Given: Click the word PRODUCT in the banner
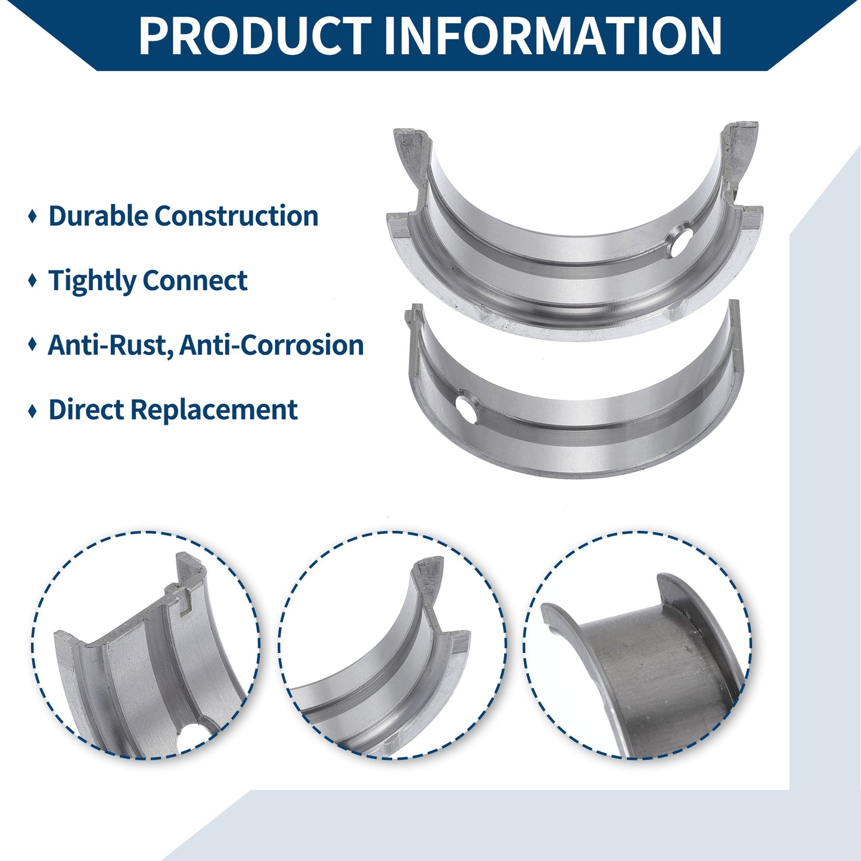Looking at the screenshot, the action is [255, 35].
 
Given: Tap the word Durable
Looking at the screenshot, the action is [98, 216].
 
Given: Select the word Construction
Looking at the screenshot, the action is [237, 216].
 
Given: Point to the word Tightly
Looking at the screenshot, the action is [92, 281].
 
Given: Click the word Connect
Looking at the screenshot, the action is [195, 281].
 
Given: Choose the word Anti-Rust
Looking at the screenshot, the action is [110, 346].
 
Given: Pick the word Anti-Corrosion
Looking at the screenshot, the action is [272, 346].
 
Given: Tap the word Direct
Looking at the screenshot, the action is [86, 409].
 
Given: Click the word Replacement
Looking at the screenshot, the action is [214, 410].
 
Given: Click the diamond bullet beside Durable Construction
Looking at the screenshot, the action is [32, 216].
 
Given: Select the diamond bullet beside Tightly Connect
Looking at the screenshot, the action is [32, 281].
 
